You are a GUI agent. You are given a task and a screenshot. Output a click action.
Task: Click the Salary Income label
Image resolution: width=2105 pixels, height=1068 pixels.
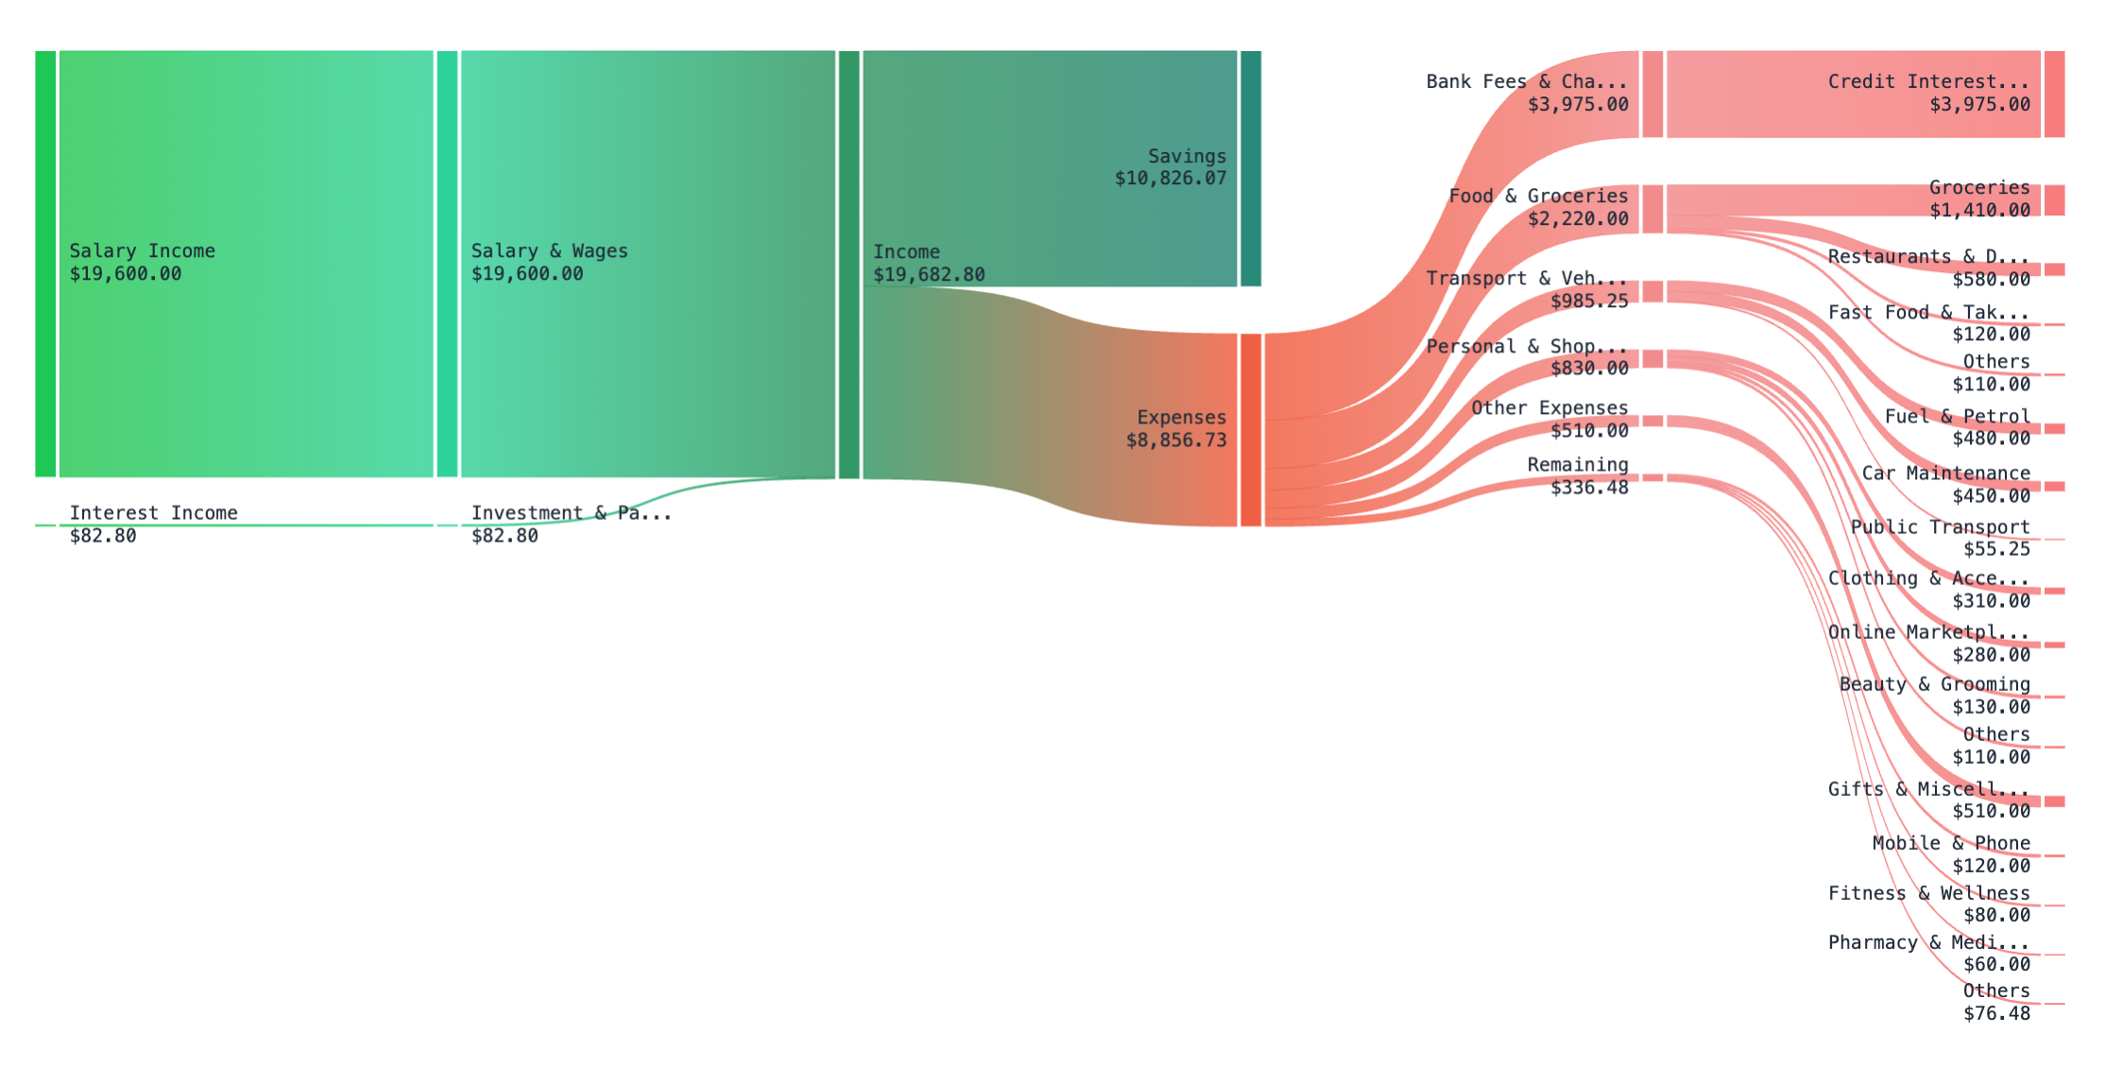tap(142, 251)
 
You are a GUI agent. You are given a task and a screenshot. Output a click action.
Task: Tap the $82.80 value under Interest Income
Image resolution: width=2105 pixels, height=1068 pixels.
tap(103, 536)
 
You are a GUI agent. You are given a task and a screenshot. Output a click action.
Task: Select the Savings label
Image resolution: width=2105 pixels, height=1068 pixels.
tap(1187, 157)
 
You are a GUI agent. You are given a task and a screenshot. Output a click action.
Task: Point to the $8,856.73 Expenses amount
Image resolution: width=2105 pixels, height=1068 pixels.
tap(1175, 440)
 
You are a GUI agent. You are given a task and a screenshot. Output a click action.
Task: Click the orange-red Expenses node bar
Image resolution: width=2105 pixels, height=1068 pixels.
tap(1250, 430)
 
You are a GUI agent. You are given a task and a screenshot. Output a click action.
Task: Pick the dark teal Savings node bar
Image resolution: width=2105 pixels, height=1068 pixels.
tap(1250, 168)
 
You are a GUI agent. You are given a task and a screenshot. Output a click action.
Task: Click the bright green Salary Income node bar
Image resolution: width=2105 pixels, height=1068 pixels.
tap(45, 264)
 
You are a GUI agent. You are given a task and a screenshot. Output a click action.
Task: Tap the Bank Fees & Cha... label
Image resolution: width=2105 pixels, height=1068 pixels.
tap(1526, 82)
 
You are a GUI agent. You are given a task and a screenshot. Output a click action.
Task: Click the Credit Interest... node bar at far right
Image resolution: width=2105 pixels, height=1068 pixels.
tap(2054, 95)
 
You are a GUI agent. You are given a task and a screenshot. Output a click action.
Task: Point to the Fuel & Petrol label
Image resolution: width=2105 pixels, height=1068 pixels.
tap(1957, 417)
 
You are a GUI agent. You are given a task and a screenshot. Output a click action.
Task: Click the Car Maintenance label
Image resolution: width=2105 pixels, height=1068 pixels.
tap(1945, 474)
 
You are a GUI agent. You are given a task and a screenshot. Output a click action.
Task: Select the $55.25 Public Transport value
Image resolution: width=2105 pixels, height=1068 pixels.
tap(1996, 549)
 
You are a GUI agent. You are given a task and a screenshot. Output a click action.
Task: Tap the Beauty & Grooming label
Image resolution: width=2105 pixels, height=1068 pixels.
tap(1934, 684)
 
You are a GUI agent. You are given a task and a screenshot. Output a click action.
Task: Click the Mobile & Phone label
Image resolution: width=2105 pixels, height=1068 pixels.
tap(1951, 843)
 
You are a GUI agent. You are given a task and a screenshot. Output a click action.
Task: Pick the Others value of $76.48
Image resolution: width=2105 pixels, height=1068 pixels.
tap(1996, 1014)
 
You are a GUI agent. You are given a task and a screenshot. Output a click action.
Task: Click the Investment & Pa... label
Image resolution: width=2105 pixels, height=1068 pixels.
tap(571, 513)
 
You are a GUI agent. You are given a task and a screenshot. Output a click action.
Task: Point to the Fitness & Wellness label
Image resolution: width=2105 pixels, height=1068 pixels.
tap(1928, 893)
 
